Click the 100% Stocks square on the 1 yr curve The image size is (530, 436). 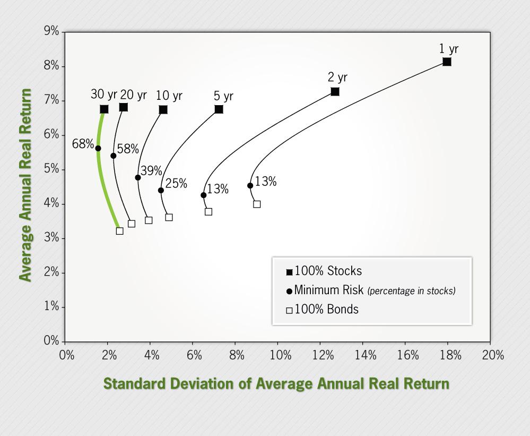447,62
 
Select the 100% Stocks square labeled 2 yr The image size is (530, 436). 335,92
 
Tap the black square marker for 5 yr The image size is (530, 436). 219,109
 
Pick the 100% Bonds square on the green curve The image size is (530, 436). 119,231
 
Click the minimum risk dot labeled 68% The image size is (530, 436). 98,148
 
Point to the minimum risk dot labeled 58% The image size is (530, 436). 113,156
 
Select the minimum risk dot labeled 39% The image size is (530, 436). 138,177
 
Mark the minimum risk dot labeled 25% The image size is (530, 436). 161,190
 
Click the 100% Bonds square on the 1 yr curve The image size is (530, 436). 257,204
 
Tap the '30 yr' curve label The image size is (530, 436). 103,95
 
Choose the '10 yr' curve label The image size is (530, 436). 169,96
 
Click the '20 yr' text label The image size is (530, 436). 133,95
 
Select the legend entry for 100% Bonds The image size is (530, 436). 322,310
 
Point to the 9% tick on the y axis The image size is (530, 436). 51,31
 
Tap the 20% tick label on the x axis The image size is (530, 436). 493,355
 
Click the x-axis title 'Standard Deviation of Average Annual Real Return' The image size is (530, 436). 276,384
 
